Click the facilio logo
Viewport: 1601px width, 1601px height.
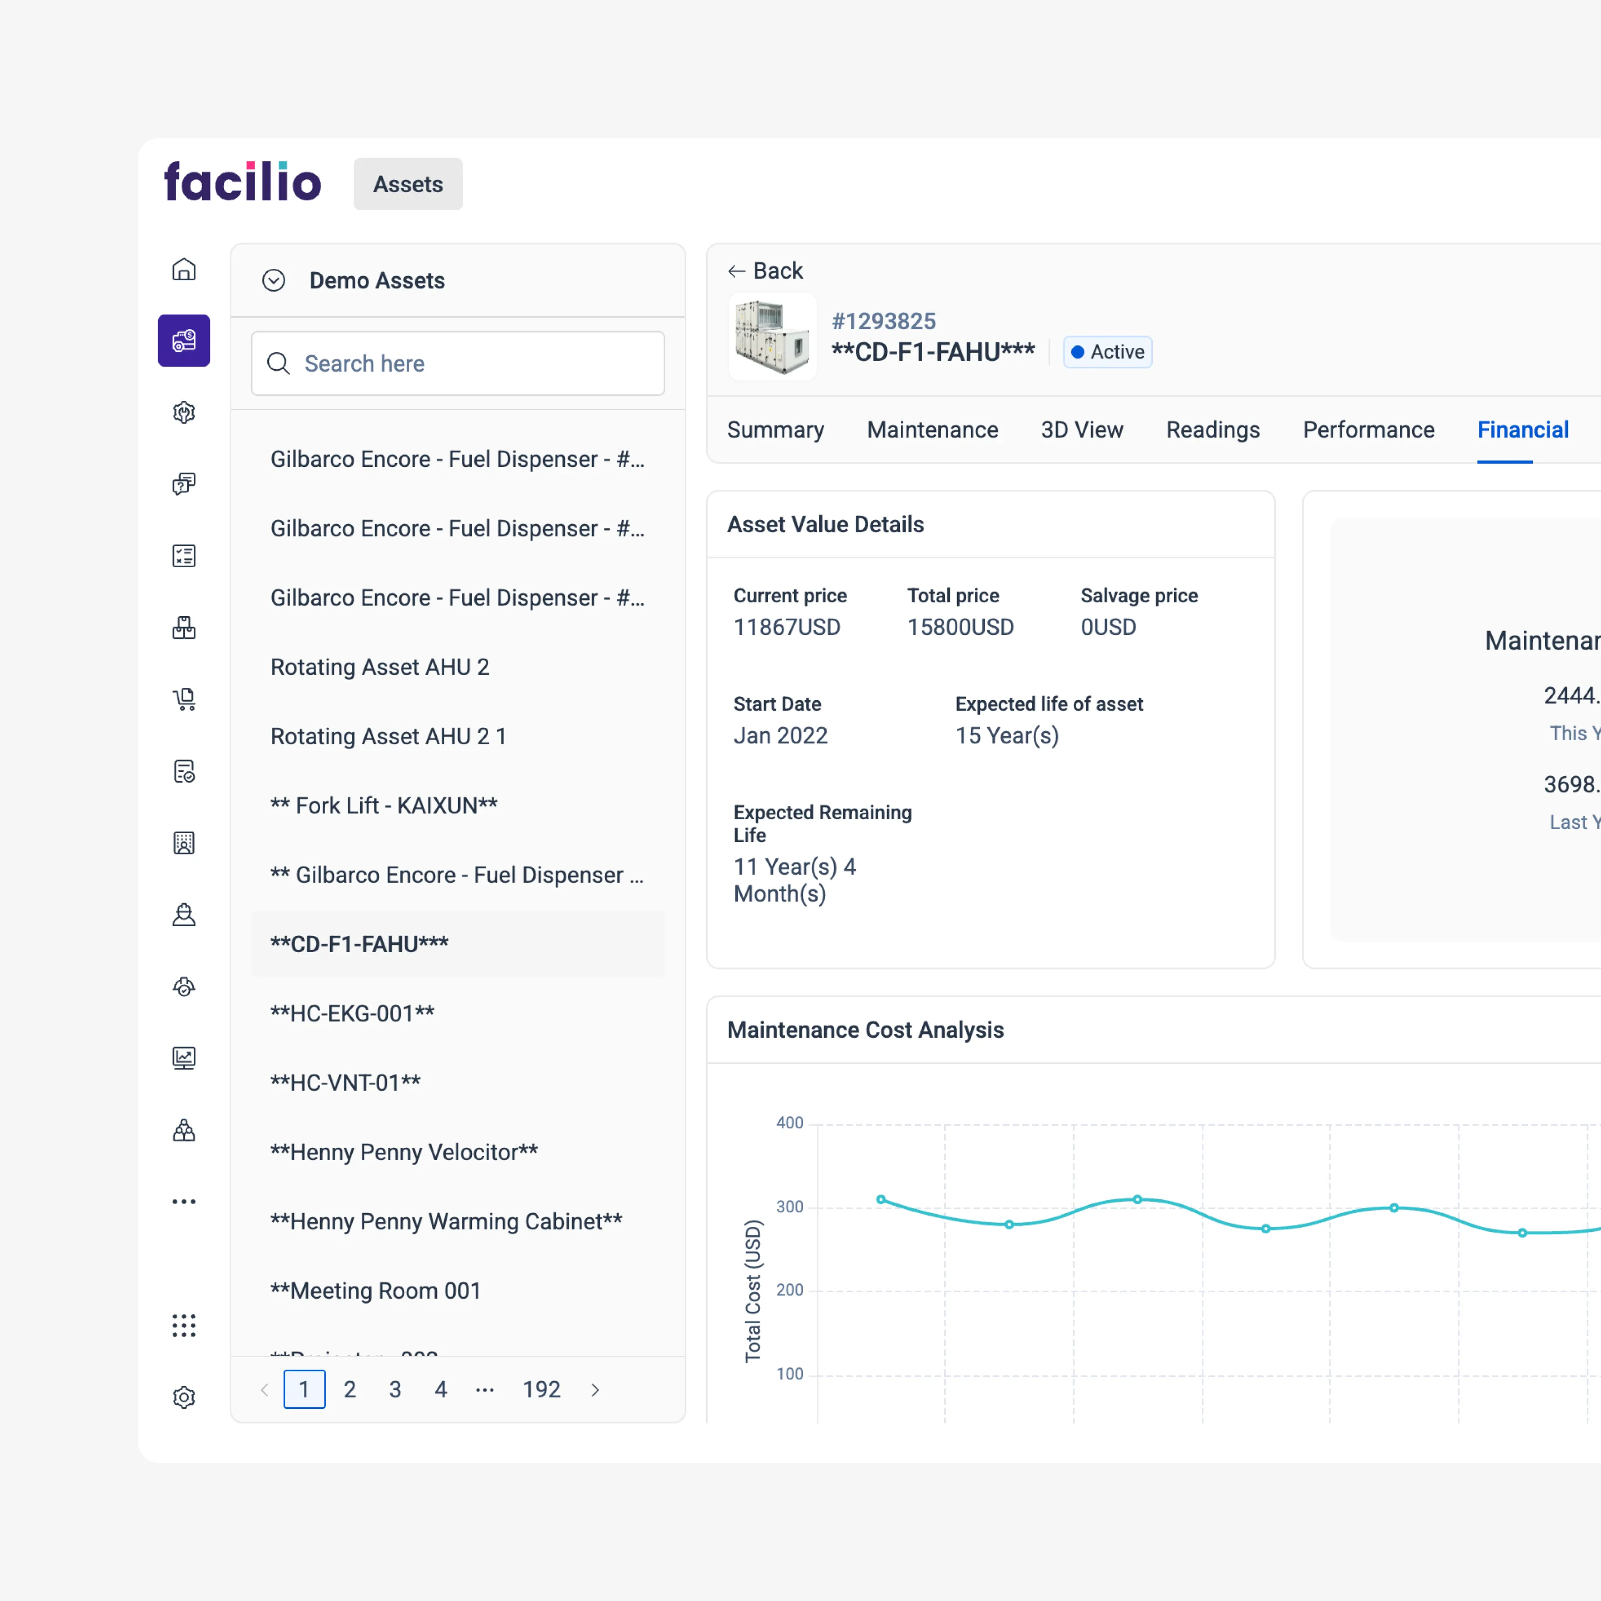click(x=242, y=182)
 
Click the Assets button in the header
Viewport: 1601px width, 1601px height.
click(x=408, y=184)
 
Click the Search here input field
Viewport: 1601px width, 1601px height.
click(x=458, y=364)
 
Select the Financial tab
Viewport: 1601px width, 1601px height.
click(x=1522, y=430)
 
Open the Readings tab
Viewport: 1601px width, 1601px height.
click(x=1212, y=430)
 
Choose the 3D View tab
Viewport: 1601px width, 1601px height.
click(x=1082, y=430)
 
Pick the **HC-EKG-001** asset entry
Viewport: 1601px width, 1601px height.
click(x=352, y=1013)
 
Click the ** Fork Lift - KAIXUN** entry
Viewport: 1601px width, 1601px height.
click(x=383, y=805)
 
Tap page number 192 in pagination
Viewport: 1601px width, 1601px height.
click(x=541, y=1390)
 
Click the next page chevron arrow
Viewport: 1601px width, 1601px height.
click(x=595, y=1390)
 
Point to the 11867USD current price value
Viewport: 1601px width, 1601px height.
click(x=786, y=628)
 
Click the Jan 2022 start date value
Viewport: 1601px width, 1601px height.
click(x=780, y=736)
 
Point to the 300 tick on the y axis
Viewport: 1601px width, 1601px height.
click(x=789, y=1207)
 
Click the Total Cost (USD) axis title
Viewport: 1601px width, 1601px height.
click(x=753, y=1290)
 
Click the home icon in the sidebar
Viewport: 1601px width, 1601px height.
click(x=184, y=269)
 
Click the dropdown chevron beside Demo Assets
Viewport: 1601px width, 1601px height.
click(x=273, y=281)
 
